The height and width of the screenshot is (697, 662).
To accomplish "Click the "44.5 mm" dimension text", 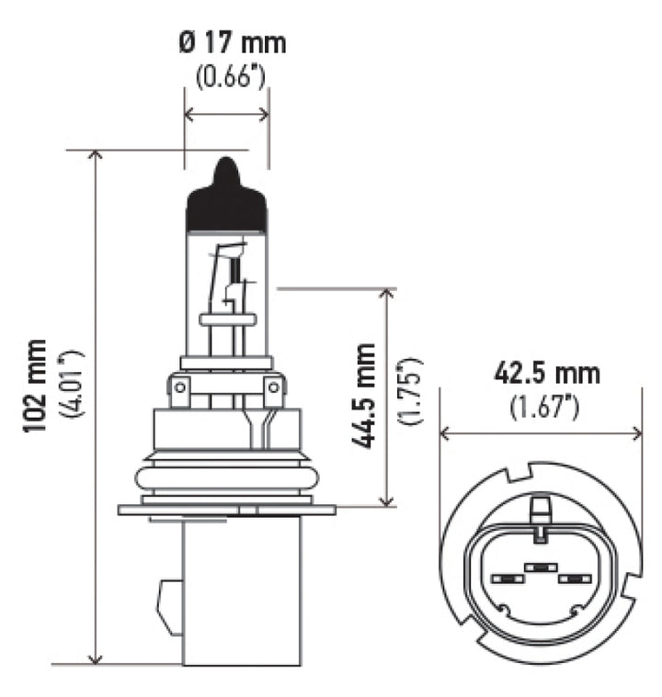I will pyautogui.click(x=364, y=395).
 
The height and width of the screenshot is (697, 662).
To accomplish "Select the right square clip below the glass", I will pyautogui.click(x=273, y=393).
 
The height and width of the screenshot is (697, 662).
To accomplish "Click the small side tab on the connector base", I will pyautogui.click(x=169, y=606).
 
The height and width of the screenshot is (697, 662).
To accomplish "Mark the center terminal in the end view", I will pyautogui.click(x=541, y=569).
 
